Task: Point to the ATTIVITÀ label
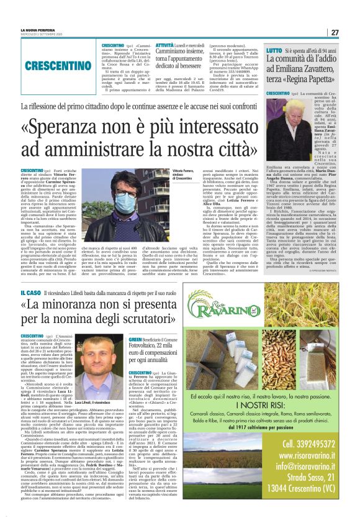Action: click(164, 46)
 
